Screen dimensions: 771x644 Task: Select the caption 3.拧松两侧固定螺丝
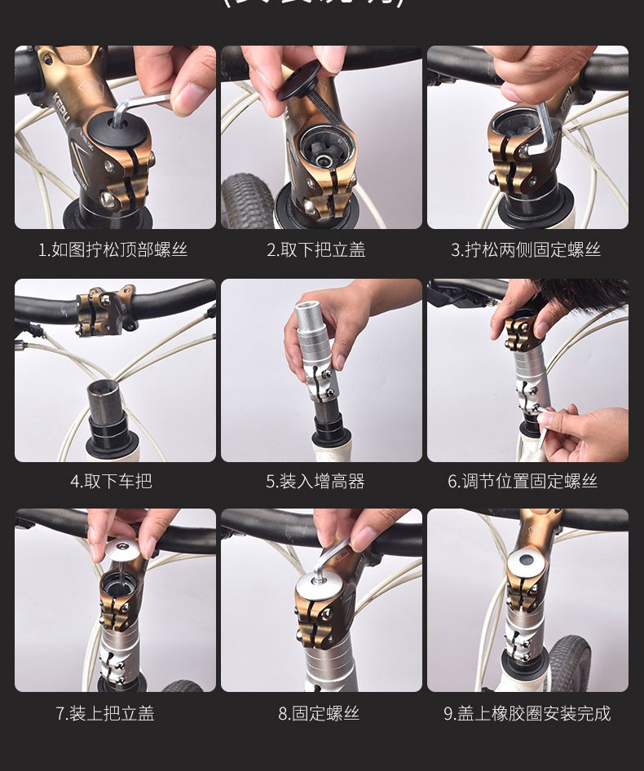526,250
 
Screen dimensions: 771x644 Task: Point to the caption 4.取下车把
112,481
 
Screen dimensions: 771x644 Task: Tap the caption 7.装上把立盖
105,713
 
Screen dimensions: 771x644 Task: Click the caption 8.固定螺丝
319,713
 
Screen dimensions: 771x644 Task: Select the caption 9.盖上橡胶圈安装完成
527,713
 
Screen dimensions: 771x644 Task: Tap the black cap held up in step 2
302,82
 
